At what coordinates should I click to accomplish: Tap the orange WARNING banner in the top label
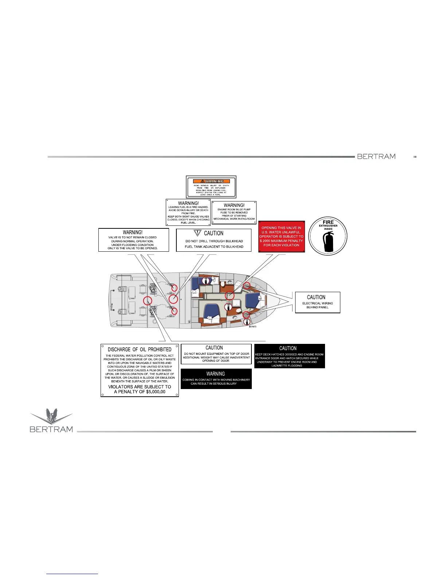click(x=211, y=181)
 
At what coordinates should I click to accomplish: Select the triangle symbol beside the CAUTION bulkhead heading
click(x=197, y=233)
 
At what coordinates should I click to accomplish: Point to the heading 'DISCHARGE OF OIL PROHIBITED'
click(x=140, y=349)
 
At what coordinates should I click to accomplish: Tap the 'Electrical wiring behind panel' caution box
click(x=317, y=302)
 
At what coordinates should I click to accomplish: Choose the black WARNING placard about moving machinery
click(x=216, y=378)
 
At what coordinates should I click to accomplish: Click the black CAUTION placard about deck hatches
click(x=289, y=356)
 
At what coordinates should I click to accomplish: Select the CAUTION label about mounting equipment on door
click(x=216, y=354)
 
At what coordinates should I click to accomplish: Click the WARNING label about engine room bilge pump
click(x=234, y=212)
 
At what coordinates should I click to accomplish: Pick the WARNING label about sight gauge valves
click(x=188, y=212)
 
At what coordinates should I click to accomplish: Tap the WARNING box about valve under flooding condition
click(x=133, y=240)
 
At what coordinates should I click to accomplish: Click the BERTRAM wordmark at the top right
click(x=376, y=156)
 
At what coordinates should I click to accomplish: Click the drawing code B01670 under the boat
click(x=253, y=327)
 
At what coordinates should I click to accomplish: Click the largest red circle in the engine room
click(x=173, y=299)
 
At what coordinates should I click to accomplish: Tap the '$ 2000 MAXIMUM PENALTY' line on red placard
click(x=281, y=241)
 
